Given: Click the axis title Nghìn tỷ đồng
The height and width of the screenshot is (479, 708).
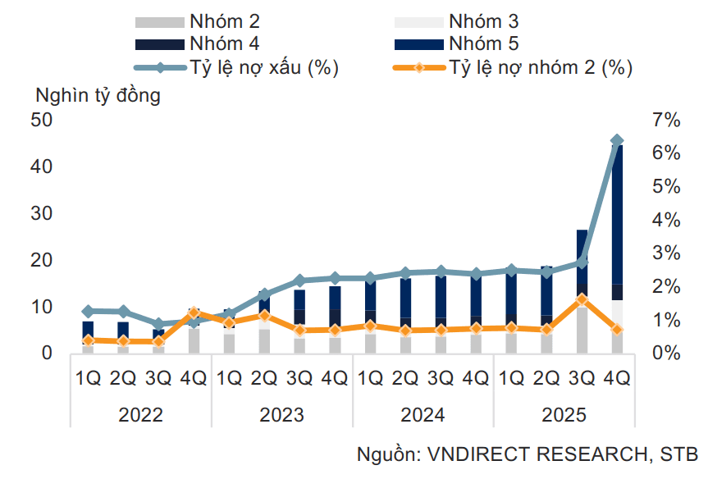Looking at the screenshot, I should [98, 95].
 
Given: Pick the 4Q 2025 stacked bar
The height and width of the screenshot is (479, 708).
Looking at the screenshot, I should [617, 246].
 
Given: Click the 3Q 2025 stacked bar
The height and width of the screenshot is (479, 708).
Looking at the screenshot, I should [582, 291].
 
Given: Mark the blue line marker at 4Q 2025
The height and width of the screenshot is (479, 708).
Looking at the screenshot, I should [617, 141].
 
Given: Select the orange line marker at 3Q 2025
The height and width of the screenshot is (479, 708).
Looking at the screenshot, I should [582, 299].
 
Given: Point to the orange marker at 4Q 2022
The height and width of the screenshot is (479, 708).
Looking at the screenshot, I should [194, 312].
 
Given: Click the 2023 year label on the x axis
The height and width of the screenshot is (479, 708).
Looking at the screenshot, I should [281, 414].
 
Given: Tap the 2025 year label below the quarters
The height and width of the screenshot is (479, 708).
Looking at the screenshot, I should [564, 414].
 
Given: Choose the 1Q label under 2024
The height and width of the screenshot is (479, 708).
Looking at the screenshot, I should [370, 378].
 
